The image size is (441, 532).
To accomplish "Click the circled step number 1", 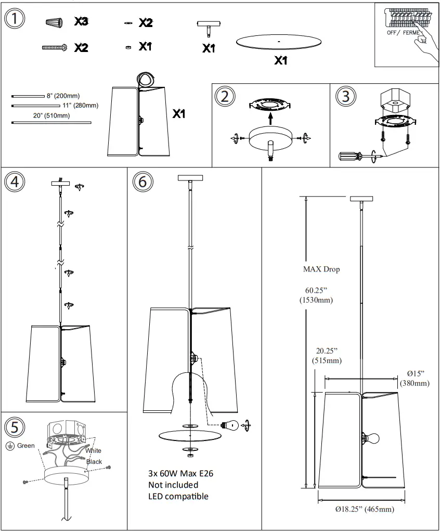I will coord(15,19).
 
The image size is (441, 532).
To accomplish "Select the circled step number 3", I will coord(346,96).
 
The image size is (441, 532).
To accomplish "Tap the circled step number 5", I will coord(14,427).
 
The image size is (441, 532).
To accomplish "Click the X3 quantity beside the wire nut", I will coord(81,22).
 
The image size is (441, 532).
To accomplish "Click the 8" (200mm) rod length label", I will coord(63,96).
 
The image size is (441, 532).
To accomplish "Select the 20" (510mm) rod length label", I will coord(51,115).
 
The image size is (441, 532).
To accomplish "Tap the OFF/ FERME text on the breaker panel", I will coord(403,32).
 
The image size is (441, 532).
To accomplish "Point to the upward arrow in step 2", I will coord(270,118).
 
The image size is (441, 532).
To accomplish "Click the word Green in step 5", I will coord(26,446).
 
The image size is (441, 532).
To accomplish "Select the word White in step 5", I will coord(94,451).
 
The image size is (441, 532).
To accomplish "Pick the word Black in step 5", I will coord(94,462).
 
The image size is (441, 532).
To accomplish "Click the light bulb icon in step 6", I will coord(229,425).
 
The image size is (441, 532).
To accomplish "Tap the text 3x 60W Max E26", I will coord(180,473).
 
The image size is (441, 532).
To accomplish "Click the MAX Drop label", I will coord(321,269).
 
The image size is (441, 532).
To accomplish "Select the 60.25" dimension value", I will coord(316,290).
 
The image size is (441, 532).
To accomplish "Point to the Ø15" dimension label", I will coord(415,374).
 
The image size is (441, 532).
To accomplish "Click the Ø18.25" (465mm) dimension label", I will coord(364,509).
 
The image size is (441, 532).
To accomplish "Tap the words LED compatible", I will coord(178,496).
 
